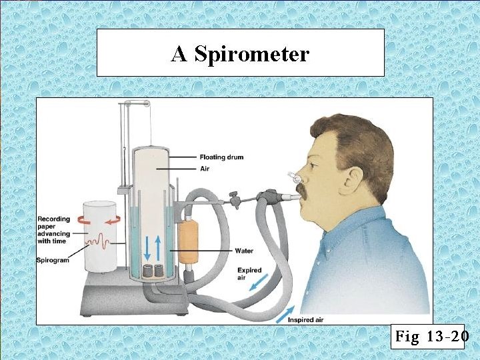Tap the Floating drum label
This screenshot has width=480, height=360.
pyautogui.click(x=221, y=157)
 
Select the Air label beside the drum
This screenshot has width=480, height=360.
pyautogui.click(x=205, y=169)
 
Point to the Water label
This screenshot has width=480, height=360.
pyautogui.click(x=244, y=251)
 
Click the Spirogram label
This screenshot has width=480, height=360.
pyautogui.click(x=53, y=260)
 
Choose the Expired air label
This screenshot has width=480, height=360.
pyautogui.click(x=249, y=274)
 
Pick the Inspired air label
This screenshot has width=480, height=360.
pyautogui.click(x=306, y=320)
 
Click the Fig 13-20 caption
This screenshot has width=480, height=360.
pyautogui.click(x=429, y=337)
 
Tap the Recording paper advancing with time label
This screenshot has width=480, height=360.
pyautogui.click(x=53, y=231)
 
